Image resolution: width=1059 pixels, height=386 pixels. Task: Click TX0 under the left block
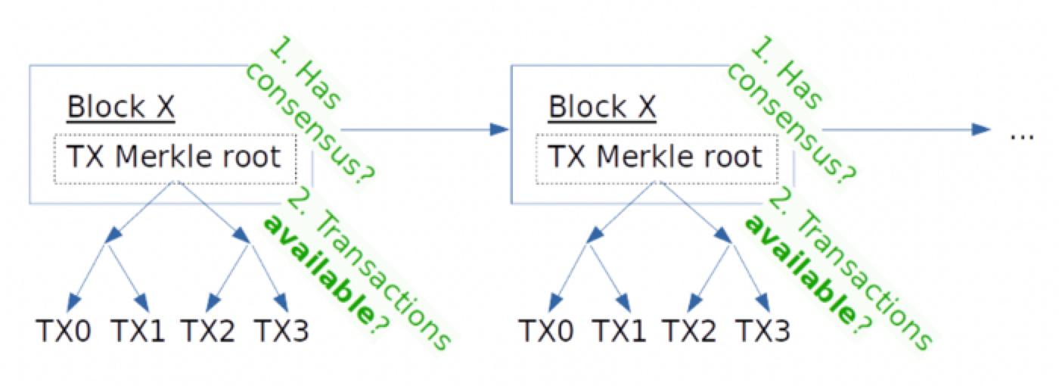[64, 331]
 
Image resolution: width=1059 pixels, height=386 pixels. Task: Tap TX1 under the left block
[138, 331]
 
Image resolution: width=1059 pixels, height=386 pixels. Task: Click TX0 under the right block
[545, 331]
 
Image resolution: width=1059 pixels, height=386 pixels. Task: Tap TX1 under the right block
[620, 331]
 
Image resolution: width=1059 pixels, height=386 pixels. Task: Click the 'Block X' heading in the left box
[121, 107]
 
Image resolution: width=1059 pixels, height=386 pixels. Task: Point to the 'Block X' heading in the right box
[603, 107]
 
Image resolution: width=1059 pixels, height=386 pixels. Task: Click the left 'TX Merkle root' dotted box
[174, 158]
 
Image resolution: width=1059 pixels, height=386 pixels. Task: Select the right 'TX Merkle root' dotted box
[656, 158]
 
